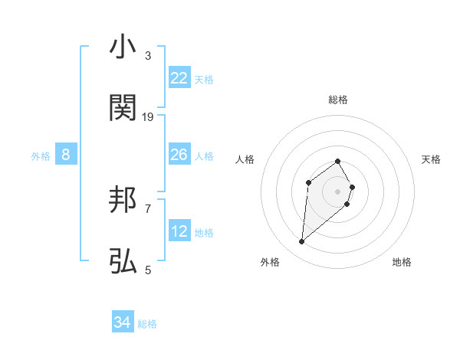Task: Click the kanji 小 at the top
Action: (123, 47)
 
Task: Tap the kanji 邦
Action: (123, 201)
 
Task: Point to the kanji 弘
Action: (123, 262)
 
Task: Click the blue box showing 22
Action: (179, 78)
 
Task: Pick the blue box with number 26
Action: (179, 155)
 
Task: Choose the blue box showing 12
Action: (179, 231)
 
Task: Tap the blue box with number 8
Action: (66, 155)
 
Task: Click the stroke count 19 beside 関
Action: (148, 116)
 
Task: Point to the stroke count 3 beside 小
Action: (148, 56)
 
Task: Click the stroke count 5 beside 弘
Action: (148, 270)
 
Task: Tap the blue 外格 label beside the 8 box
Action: (41, 156)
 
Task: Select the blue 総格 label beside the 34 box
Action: (147, 324)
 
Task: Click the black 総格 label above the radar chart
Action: (337, 100)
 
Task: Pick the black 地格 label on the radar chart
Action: (402, 262)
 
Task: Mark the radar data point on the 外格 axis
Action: (302, 242)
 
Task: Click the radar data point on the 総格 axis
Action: (337, 161)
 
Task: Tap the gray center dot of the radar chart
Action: (337, 191)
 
